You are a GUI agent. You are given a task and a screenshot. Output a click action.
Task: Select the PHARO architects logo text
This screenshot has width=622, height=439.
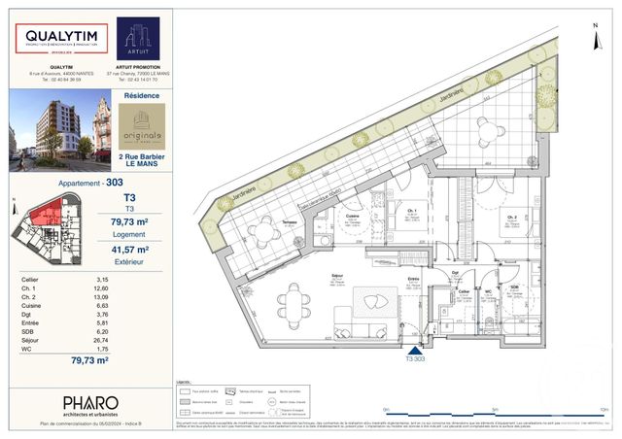(90, 402)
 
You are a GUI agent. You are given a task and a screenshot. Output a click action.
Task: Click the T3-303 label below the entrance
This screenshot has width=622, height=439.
(417, 358)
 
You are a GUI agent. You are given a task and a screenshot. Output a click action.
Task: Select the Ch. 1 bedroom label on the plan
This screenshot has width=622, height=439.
(413, 211)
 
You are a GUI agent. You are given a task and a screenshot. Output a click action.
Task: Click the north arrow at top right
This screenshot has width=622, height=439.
(595, 19)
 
